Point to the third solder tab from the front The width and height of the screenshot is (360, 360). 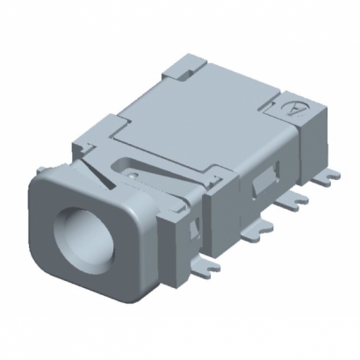(299, 201)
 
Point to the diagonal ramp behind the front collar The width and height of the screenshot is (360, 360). (105, 180)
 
